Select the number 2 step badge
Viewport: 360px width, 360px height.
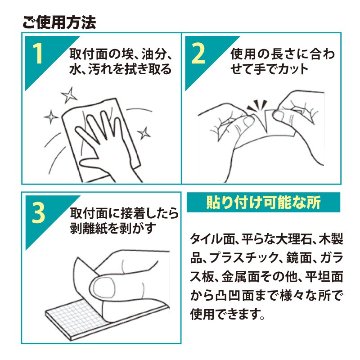pyautogui.click(x=200, y=56)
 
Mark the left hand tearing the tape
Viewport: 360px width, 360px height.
pyautogui.click(x=220, y=125)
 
